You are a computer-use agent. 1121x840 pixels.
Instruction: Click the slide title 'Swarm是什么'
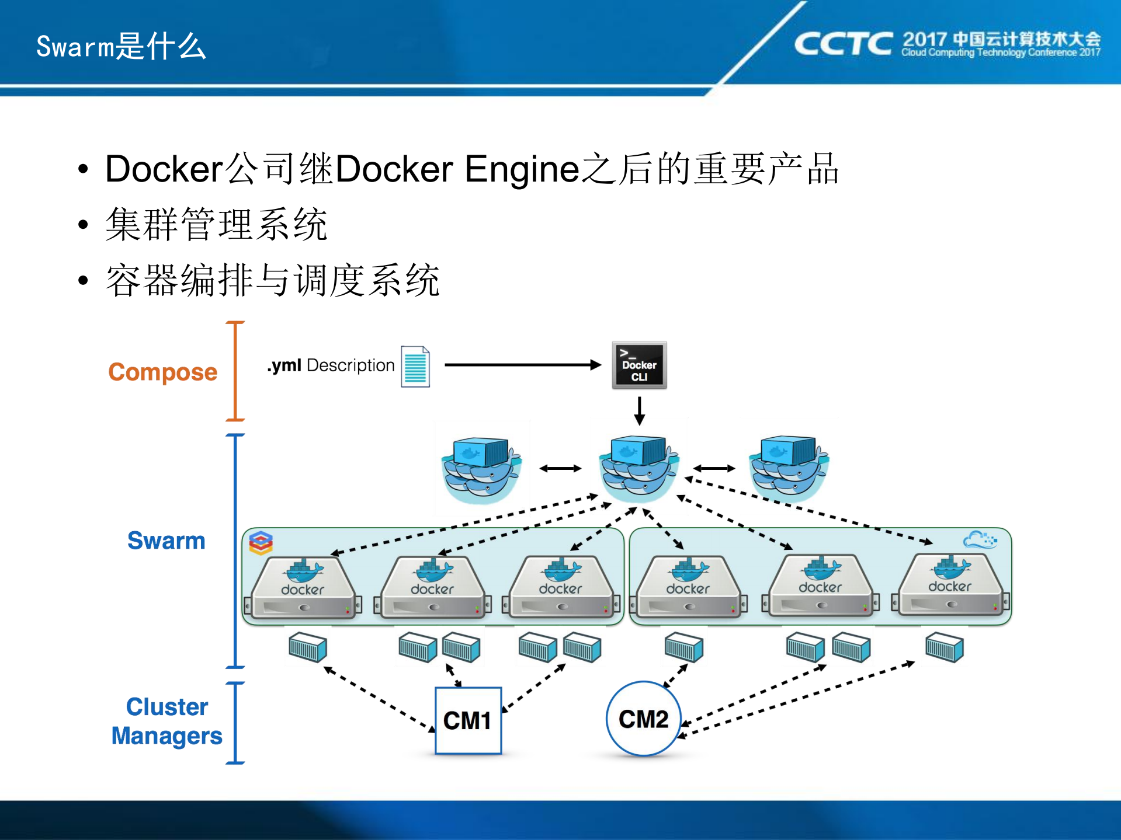tap(121, 47)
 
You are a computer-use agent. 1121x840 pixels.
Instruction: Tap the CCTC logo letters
tap(842, 44)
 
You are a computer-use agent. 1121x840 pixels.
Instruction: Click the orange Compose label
tap(162, 372)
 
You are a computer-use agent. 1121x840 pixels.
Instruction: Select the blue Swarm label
tap(166, 541)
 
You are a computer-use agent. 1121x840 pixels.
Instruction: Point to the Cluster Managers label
tap(167, 722)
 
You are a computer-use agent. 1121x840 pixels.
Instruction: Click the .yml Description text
tap(331, 365)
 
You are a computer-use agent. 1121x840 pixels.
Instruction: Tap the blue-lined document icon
tap(415, 367)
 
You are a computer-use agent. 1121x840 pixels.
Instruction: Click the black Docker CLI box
tap(639, 365)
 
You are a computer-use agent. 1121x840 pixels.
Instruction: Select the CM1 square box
tap(468, 720)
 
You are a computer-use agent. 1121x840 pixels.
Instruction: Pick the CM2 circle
tap(643, 719)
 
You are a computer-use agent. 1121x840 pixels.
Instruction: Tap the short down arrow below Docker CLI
tap(640, 410)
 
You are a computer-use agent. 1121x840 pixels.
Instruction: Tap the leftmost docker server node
tap(303, 587)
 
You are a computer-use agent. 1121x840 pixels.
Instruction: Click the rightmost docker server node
tap(950, 585)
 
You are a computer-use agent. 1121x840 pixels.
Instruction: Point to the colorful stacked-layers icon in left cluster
tap(261, 542)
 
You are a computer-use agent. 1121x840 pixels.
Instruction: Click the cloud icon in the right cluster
tap(980, 539)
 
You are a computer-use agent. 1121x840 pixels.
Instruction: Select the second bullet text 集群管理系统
tap(216, 225)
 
